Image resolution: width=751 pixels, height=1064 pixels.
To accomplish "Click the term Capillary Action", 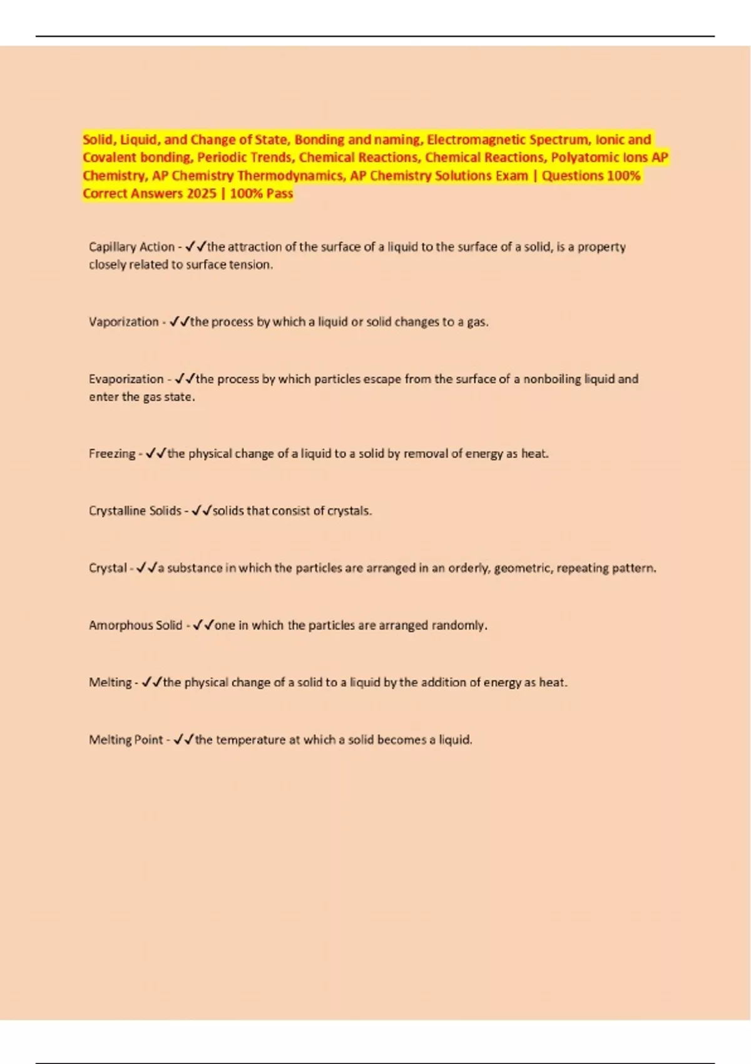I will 131,247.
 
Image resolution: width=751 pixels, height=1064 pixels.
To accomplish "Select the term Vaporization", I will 123,322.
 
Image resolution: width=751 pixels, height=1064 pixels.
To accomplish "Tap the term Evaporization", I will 126,379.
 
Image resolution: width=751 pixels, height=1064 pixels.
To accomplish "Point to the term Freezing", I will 112,453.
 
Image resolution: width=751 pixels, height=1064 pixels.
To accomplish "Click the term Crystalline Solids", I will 135,511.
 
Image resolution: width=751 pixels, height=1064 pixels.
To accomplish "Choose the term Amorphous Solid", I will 135,625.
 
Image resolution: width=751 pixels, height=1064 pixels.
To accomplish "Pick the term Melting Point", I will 126,739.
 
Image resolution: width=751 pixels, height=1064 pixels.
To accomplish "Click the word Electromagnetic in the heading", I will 476,140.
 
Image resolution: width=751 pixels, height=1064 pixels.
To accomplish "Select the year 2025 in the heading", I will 201,193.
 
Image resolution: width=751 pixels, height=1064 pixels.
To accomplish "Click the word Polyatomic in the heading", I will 583,157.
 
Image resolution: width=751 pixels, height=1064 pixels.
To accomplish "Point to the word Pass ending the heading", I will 279,193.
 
